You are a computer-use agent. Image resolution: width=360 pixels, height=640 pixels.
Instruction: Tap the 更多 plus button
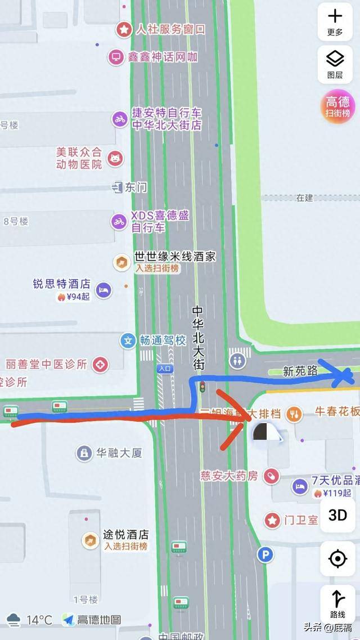335,21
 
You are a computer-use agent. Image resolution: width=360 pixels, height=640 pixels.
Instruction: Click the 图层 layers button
335,62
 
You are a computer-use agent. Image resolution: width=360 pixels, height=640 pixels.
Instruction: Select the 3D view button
337,515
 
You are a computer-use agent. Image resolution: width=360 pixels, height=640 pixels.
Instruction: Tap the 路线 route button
337,603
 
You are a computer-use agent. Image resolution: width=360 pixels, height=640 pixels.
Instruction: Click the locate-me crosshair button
337,559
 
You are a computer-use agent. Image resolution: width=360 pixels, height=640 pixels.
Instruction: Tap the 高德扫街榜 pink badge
338,106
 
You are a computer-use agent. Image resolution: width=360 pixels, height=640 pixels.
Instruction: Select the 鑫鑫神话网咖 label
161,57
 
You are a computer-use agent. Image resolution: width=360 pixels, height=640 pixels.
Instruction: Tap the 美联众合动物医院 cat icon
115,158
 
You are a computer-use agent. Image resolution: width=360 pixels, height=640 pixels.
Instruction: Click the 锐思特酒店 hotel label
61,284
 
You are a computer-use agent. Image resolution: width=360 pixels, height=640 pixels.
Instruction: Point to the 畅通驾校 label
163,340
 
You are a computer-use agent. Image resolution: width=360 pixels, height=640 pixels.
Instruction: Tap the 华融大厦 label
119,453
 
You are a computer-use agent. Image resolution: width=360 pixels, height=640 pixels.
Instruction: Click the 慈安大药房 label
229,476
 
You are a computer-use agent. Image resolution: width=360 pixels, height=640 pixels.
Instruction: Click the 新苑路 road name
300,372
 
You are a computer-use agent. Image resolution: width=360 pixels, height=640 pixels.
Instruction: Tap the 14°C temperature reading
39,620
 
